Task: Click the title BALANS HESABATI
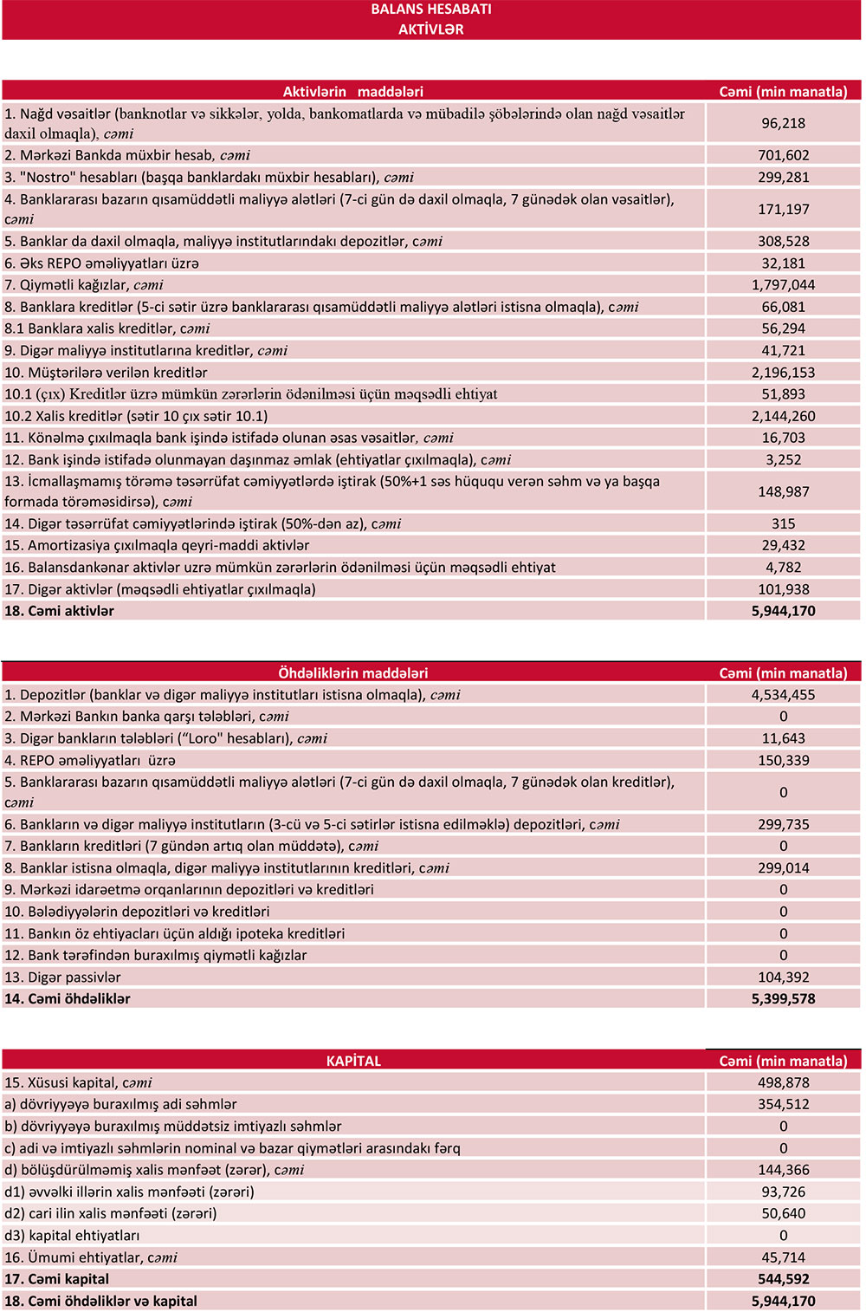tap(430, 10)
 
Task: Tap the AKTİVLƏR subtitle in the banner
tap(430, 29)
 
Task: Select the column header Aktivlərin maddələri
tap(353, 92)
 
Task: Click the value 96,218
tap(783, 124)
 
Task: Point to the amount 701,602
tap(783, 156)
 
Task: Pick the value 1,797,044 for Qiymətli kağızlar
tap(783, 285)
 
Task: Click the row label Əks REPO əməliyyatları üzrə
tap(101, 263)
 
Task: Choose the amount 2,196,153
tap(783, 373)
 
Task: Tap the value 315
tap(783, 524)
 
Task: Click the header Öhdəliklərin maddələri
tap(353, 673)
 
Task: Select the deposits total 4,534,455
tap(783, 695)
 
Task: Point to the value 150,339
tap(783, 761)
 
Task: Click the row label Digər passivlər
tap(62, 978)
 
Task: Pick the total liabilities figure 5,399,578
tap(783, 999)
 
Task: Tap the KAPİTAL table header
tap(353, 1062)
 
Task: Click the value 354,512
tap(783, 1105)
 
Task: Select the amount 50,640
tap(783, 1214)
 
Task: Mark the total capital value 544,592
tap(783, 1279)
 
